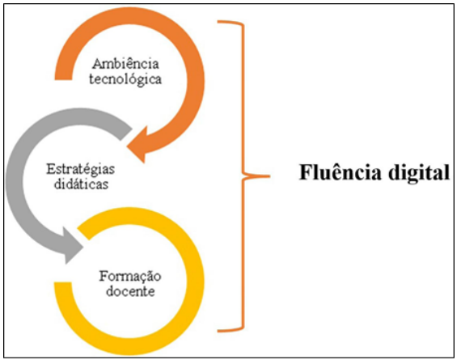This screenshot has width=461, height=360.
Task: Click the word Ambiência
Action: pos(126,62)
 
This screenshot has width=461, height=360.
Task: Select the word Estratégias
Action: pos(79,168)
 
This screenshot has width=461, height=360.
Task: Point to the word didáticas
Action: pos(79,184)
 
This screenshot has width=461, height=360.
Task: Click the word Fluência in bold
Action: pos(334,174)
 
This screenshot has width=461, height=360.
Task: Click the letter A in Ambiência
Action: pos(97,62)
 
